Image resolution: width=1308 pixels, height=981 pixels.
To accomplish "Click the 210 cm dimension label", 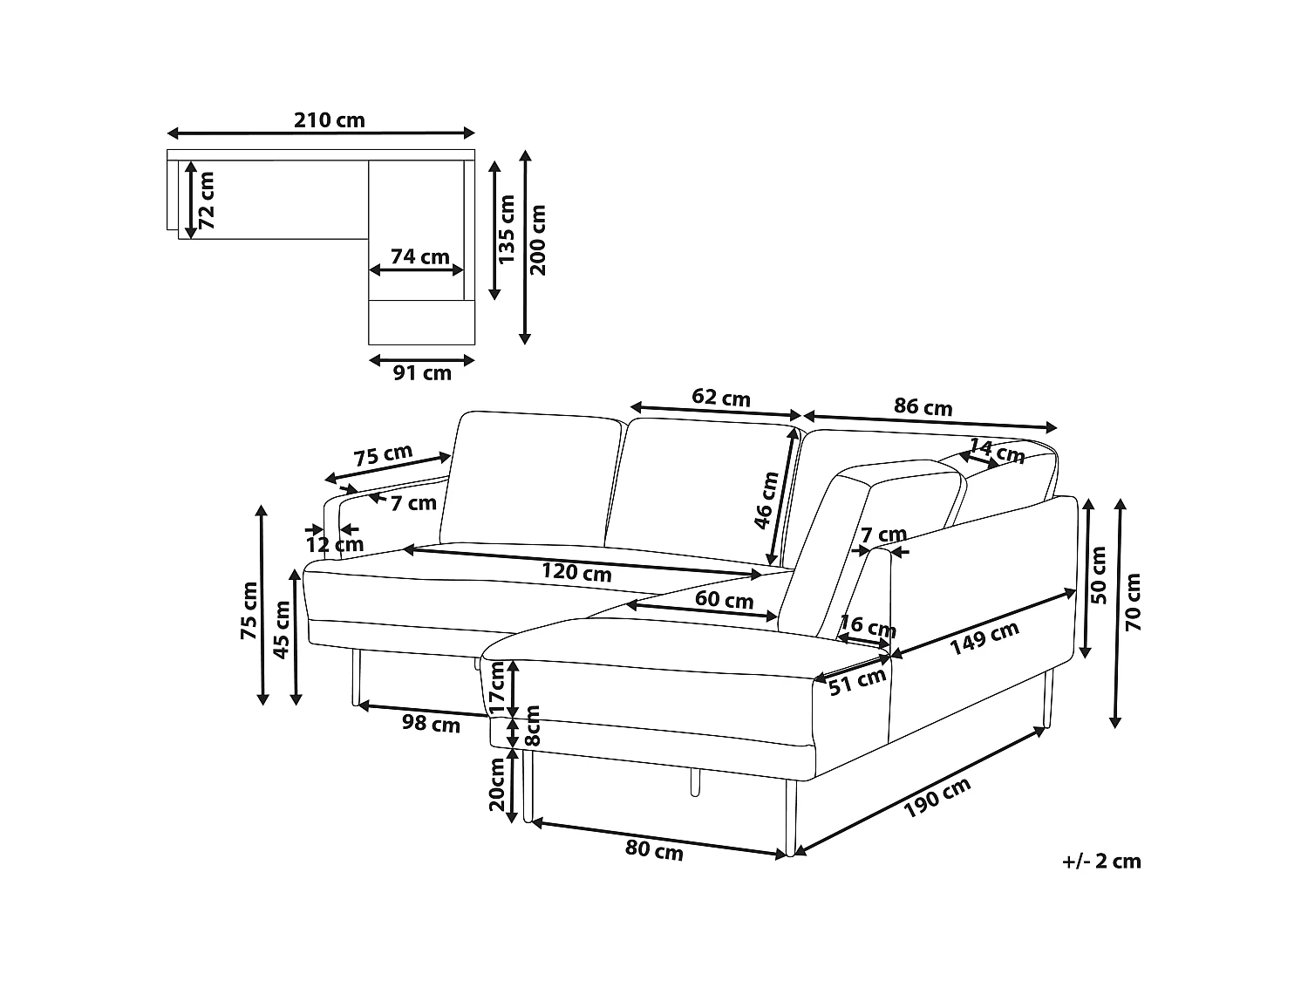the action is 329,120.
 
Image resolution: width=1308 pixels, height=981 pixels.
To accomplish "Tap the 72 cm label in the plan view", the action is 206,201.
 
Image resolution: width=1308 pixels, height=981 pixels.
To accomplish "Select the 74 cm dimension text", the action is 420,256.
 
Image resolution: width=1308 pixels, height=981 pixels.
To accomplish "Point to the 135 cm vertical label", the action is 506,228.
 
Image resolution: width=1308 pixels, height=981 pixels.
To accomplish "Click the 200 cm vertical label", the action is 537,240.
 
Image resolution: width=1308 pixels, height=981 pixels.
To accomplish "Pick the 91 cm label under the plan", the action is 422,373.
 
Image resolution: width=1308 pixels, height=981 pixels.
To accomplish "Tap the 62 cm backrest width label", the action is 721,398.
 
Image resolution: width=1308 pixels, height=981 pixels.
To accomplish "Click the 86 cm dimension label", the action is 923,407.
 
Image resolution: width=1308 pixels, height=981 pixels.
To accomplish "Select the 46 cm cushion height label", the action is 766,500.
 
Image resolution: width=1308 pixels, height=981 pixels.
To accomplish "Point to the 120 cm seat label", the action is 576,572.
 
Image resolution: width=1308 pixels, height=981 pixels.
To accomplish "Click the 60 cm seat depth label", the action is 724,599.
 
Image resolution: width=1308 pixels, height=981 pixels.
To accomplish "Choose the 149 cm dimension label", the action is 984,638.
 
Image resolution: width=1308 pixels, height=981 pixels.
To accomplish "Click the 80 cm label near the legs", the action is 654,851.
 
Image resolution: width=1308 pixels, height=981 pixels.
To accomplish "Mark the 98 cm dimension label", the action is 431,724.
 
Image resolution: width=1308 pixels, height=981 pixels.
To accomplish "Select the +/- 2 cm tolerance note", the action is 1101,862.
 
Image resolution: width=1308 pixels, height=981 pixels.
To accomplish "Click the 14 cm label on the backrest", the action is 997,451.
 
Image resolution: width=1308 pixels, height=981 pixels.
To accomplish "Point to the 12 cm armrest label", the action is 335,544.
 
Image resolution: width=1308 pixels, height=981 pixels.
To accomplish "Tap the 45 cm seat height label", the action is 281,630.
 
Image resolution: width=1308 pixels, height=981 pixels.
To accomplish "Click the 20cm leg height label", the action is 496,785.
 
